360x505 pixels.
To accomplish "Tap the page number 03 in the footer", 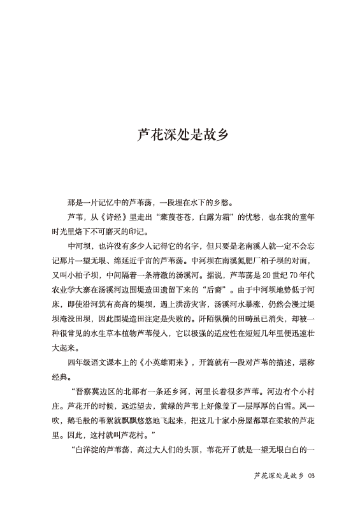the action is (x=312, y=476).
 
